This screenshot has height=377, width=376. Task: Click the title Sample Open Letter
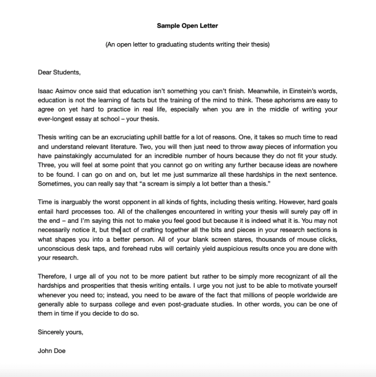pyautogui.click(x=188, y=25)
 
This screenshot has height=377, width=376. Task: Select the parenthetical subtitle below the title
pyautogui.click(x=188, y=45)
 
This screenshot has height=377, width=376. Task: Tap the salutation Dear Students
pyautogui.click(x=58, y=72)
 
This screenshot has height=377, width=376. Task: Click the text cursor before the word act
pyautogui.click(x=121, y=229)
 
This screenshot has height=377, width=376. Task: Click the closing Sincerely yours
pyautogui.click(x=60, y=332)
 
